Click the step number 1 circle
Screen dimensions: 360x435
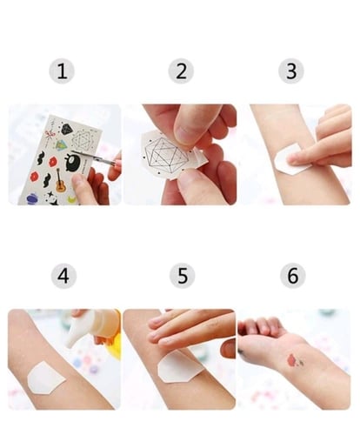click(x=62, y=71)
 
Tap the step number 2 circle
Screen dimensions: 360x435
click(x=181, y=71)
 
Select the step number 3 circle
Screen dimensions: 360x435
click(x=291, y=71)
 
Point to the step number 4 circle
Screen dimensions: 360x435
click(x=63, y=276)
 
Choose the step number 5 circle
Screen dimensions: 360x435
click(x=182, y=276)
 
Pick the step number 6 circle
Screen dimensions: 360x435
click(x=293, y=276)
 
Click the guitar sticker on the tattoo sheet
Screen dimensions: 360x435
click(x=60, y=181)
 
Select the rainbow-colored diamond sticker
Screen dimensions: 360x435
click(x=61, y=144)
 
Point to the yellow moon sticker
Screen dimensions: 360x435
click(x=72, y=199)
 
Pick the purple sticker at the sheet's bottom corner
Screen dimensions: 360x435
click(x=31, y=199)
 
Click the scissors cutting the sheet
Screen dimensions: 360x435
click(x=97, y=158)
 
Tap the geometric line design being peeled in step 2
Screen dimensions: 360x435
click(x=166, y=155)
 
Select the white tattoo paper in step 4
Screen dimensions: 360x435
click(x=45, y=378)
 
